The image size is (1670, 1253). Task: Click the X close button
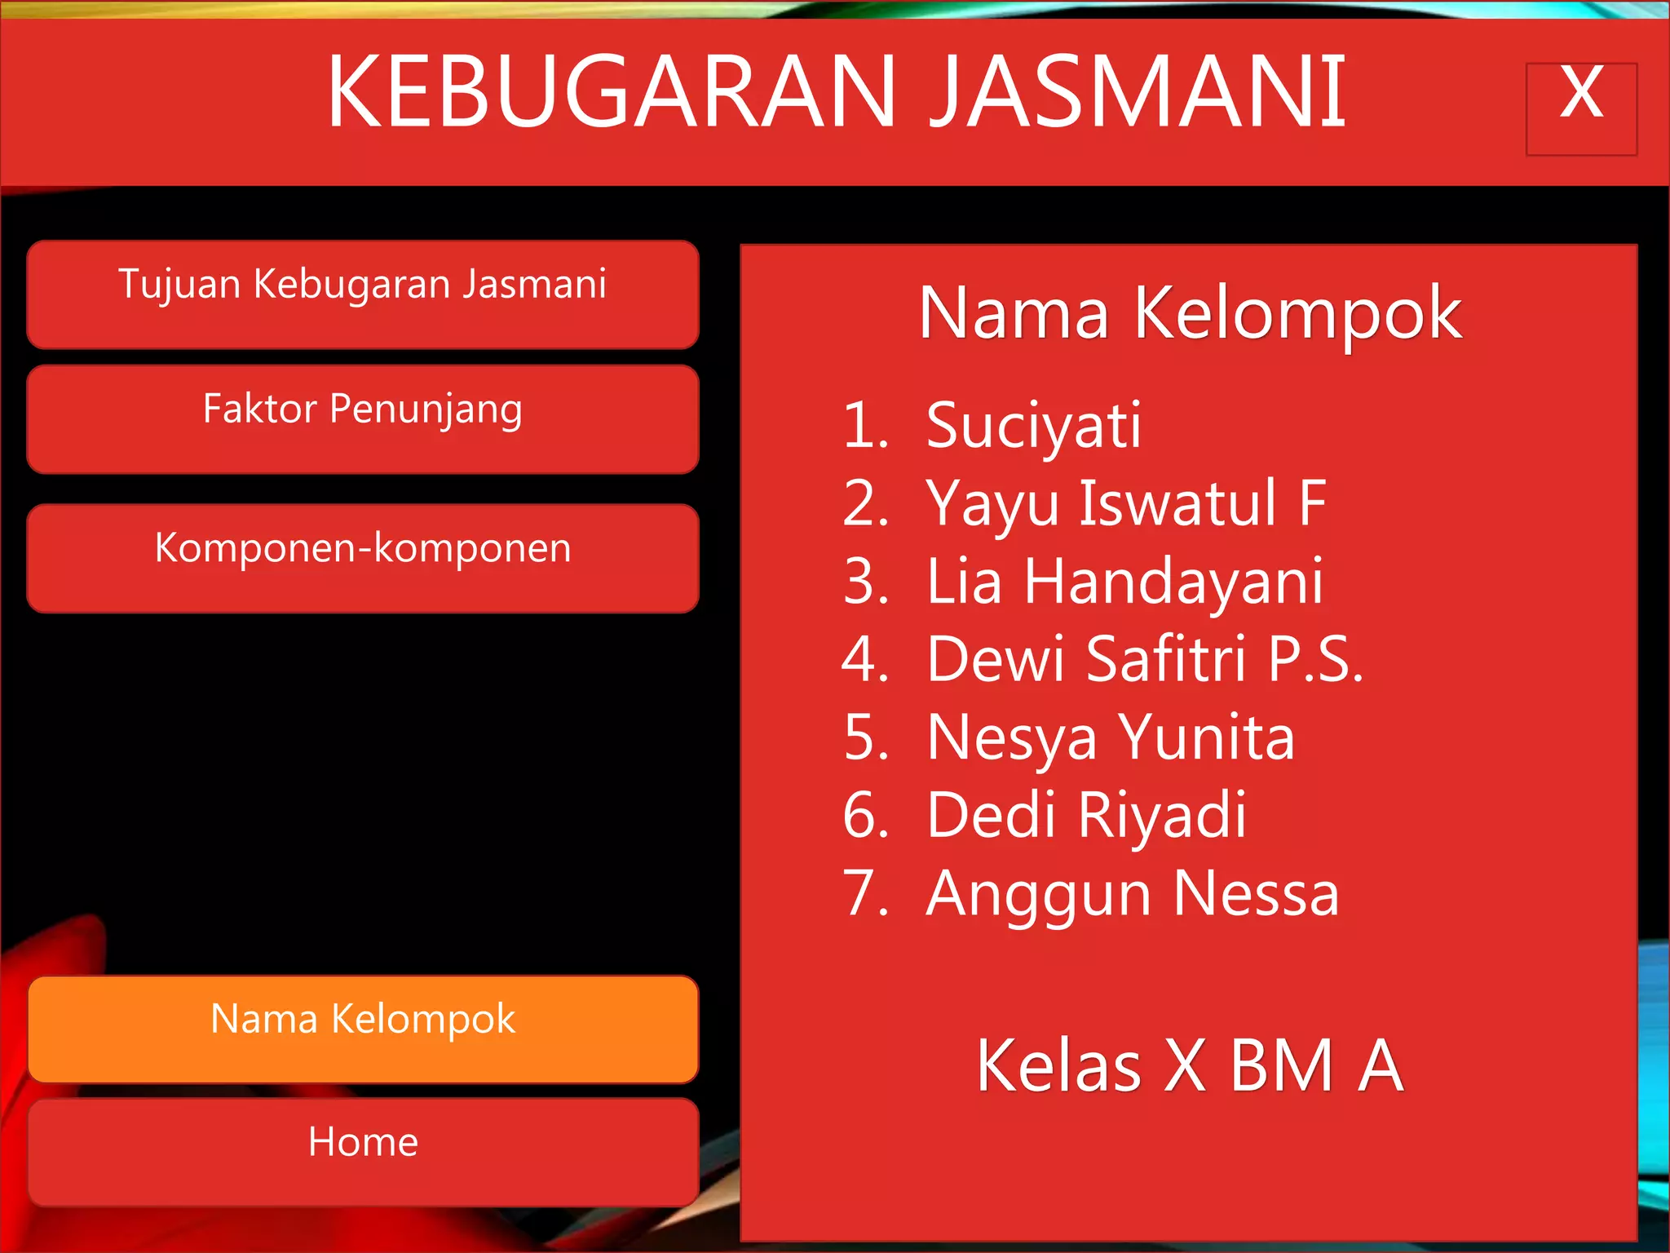pos(1581,108)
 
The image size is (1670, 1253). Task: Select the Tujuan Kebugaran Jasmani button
pos(363,294)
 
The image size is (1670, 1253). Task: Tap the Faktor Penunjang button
pos(363,418)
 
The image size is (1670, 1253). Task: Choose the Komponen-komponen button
pos(363,558)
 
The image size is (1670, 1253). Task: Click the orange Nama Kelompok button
pos(363,1029)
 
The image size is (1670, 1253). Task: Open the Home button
pos(363,1151)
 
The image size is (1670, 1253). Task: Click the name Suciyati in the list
pos(1033,426)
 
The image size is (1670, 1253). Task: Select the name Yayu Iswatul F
pos(1125,504)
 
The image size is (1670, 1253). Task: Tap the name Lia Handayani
pos(1124,582)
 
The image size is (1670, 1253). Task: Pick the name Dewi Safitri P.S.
pos(1144,659)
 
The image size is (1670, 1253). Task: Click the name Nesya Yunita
pos(1111,737)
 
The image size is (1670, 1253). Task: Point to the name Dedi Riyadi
pos(1086,815)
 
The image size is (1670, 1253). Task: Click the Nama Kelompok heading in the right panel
pos(1190,314)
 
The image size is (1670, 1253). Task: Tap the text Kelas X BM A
pos(1190,1065)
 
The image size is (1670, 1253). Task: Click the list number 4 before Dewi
pos(864,659)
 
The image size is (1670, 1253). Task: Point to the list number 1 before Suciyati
pos(864,426)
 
